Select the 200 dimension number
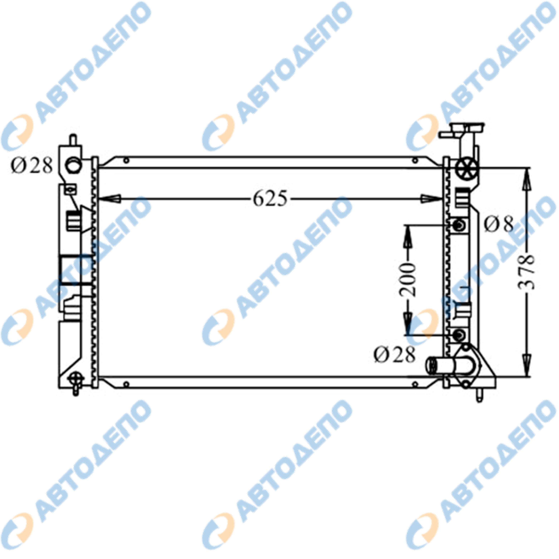coord(408,280)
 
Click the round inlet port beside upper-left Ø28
coord(74,166)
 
